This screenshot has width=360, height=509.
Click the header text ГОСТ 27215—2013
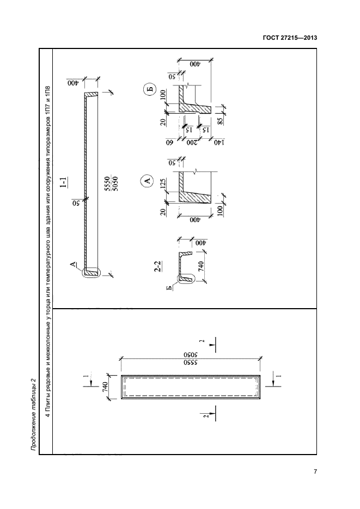point(290,38)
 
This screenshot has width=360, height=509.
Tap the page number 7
point(315,471)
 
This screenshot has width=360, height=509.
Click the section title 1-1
point(65,182)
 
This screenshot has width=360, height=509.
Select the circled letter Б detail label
point(149,90)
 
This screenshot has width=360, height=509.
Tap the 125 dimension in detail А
point(163,184)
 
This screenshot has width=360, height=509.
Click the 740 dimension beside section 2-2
point(201,267)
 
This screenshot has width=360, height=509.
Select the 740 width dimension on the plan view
point(105,387)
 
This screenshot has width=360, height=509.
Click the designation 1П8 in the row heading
point(47,92)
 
